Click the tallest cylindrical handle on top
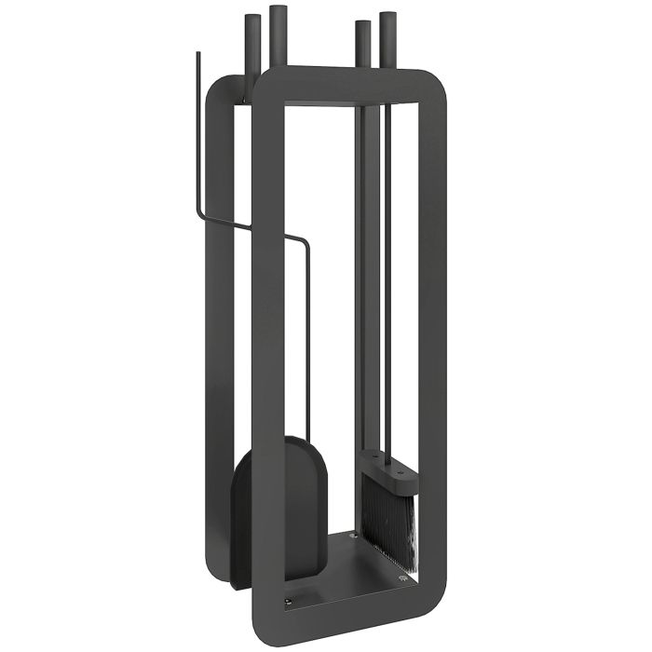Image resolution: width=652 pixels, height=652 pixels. [278, 37]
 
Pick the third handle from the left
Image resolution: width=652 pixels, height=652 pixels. [361, 47]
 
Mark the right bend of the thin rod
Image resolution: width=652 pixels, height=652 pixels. [306, 240]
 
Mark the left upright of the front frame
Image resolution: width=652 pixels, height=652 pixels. [269, 373]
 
